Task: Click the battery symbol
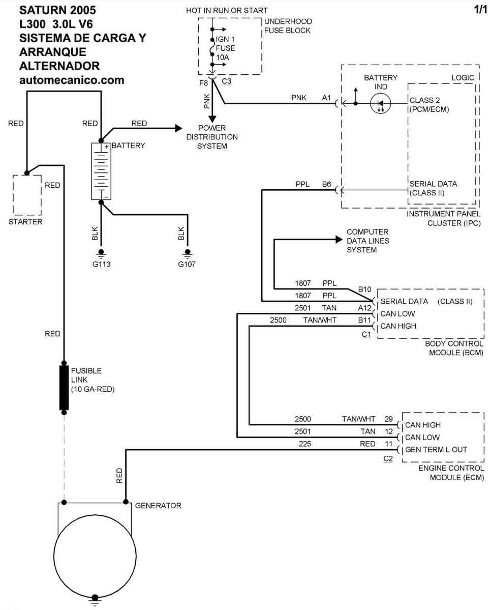(101, 171)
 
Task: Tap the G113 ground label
(101, 265)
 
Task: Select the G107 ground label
(187, 265)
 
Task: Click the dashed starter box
(27, 195)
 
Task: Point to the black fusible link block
(64, 387)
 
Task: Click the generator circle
(95, 553)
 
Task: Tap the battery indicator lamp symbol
(380, 104)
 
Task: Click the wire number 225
(305, 444)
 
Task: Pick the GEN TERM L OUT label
(436, 450)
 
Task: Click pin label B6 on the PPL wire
(326, 184)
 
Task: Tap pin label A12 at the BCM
(364, 308)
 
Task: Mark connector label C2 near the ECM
(388, 458)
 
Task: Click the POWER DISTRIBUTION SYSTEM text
(212, 137)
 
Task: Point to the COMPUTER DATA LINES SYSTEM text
(367, 241)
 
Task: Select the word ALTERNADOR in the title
(59, 66)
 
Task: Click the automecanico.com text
(72, 80)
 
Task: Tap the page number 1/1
(479, 10)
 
